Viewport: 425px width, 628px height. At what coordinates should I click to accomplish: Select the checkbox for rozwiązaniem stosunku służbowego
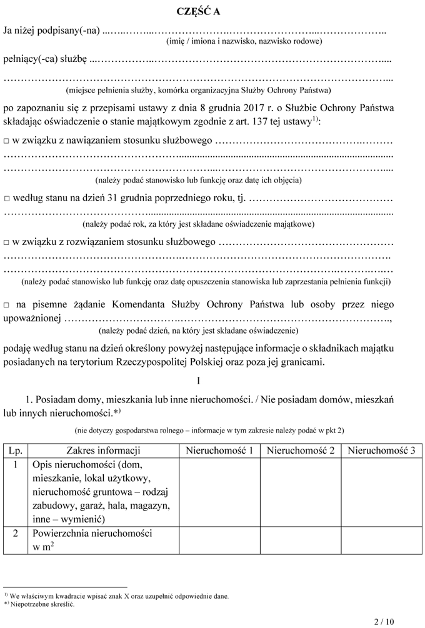pos(7,242)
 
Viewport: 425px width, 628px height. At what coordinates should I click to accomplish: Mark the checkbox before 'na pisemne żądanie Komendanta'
pos(7,305)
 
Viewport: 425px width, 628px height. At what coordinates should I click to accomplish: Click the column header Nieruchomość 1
pos(219,451)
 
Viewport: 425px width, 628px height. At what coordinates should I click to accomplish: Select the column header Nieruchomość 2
pos(301,451)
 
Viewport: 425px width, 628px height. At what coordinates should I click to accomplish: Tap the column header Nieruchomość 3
pos(381,451)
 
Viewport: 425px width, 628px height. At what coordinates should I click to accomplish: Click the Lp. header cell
pos(14,451)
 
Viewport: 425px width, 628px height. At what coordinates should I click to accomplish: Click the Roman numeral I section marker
pos(197,380)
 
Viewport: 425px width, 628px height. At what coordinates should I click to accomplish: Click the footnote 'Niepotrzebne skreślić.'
pos(42,604)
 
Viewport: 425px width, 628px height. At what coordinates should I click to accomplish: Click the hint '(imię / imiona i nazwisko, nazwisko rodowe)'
pos(244,41)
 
